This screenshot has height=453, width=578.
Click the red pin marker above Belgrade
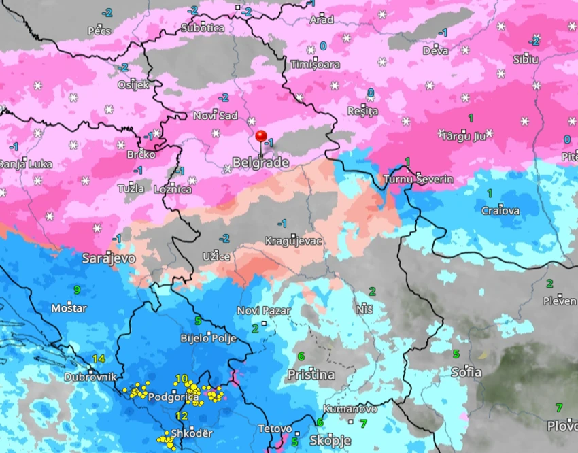coord(260,136)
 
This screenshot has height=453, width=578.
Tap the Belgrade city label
coord(260,163)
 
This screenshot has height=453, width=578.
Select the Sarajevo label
coord(108,258)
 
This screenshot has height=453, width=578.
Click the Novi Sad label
coord(215,116)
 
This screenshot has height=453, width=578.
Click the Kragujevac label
coord(293,241)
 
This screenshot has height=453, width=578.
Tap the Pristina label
coord(311,375)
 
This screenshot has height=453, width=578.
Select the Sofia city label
coord(466,372)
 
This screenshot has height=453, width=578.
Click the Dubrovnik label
coord(90,377)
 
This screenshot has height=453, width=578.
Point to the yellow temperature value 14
coord(99,359)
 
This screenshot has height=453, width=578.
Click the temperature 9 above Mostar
coord(77,290)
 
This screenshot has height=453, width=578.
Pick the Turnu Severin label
coord(418,179)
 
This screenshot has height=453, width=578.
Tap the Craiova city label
coord(500,211)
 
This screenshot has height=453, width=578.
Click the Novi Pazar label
coord(263,311)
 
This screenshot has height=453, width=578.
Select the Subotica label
coord(202,28)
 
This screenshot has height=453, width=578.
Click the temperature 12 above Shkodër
coord(182,416)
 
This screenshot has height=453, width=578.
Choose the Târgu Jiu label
coord(463,135)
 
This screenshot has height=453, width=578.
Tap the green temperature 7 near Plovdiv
coord(559,408)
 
